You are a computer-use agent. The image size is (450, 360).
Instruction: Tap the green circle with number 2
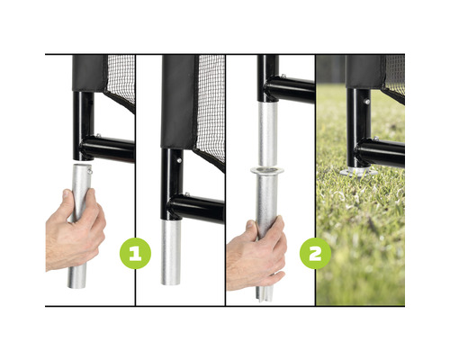tap(316, 253)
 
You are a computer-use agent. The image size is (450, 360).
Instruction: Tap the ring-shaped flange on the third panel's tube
tap(265, 170)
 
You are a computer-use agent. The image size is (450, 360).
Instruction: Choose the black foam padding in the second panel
tap(177, 99)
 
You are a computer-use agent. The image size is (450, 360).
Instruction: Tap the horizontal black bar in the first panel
tap(108, 148)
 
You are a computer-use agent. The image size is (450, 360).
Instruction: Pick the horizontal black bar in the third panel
tap(290, 89)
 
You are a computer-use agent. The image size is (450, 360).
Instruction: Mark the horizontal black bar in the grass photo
tap(382, 152)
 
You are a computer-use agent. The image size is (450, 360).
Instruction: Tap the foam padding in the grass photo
tap(364, 71)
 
